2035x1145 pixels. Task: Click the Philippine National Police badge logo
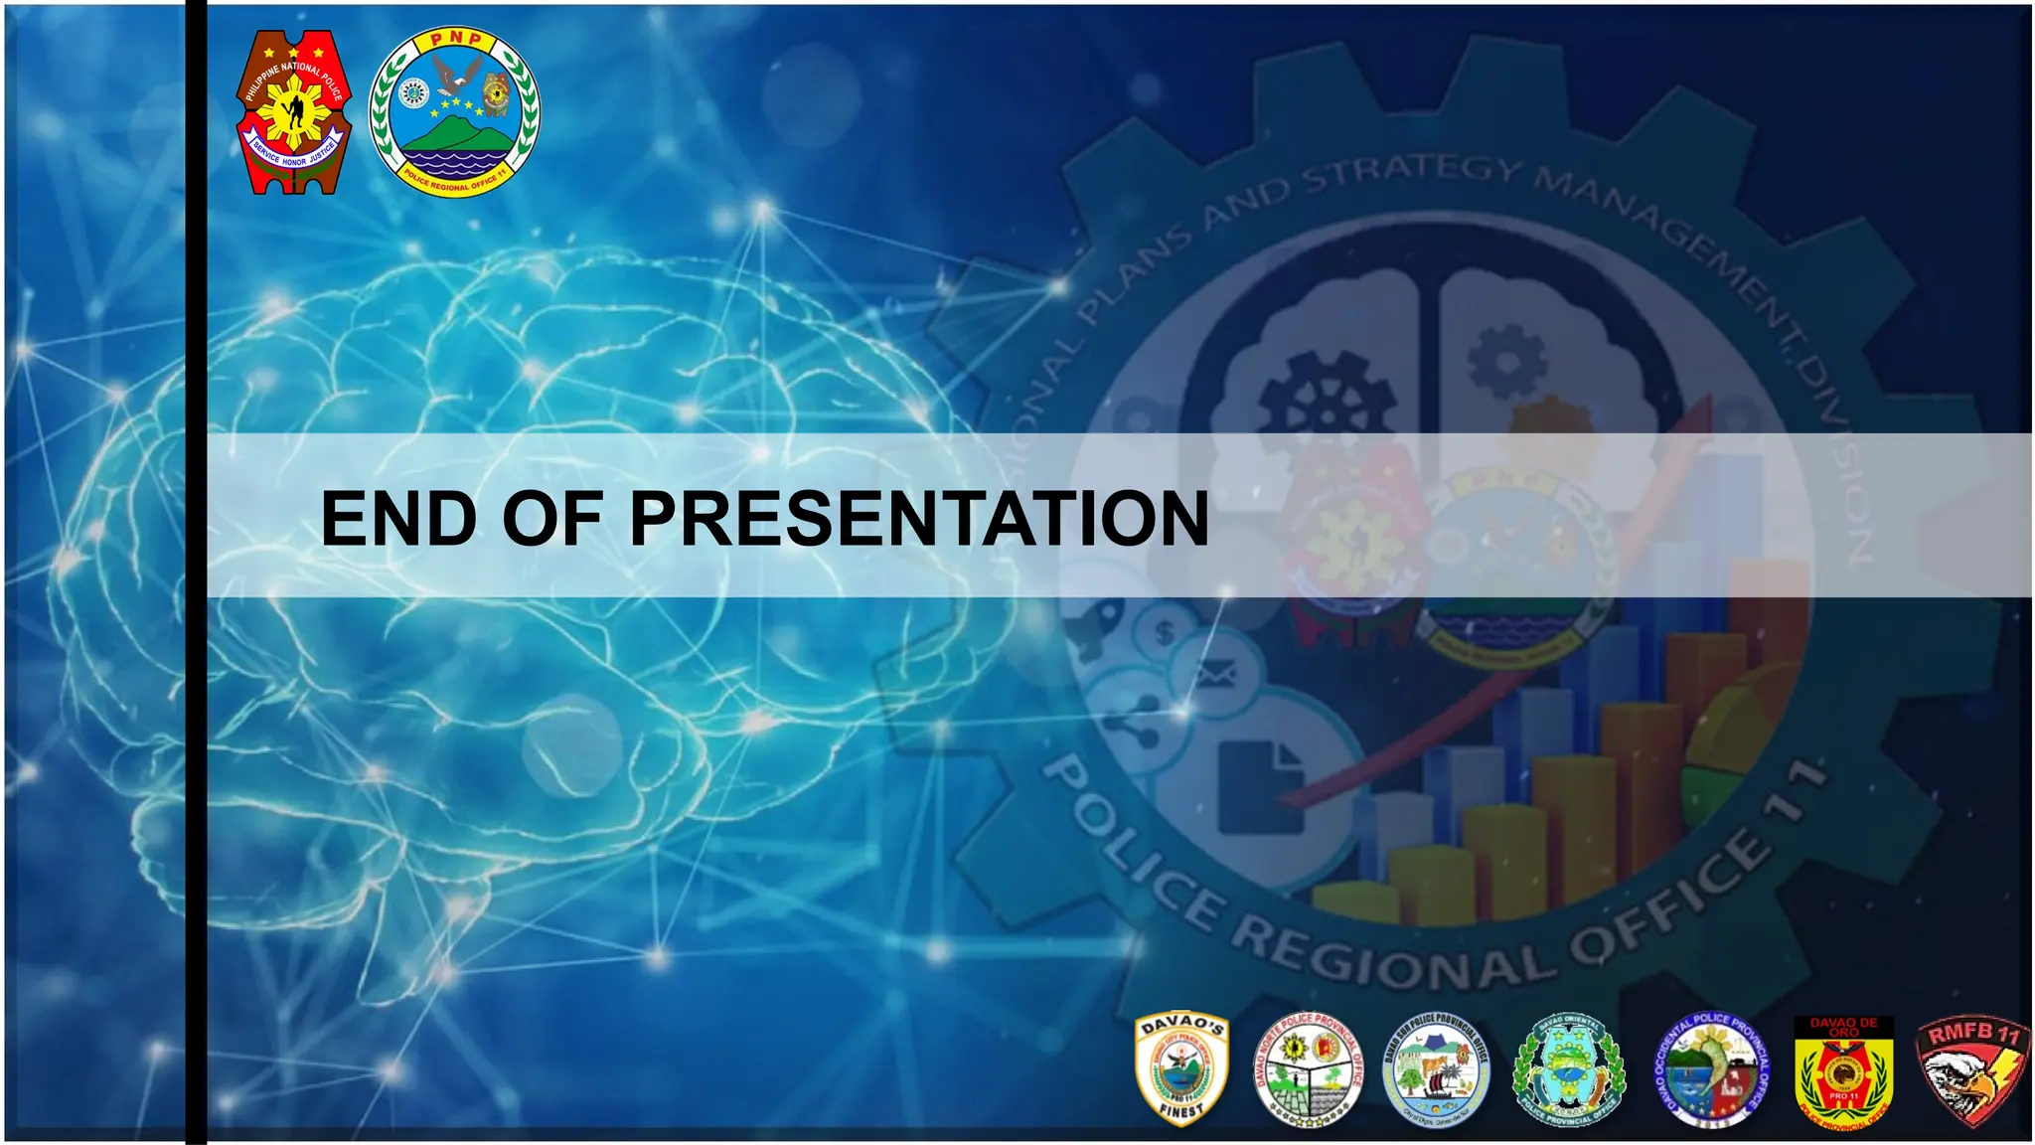(292, 111)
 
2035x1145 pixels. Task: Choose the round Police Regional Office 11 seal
(454, 111)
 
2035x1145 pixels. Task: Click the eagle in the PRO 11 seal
(458, 73)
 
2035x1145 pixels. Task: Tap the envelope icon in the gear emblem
(1214, 677)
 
